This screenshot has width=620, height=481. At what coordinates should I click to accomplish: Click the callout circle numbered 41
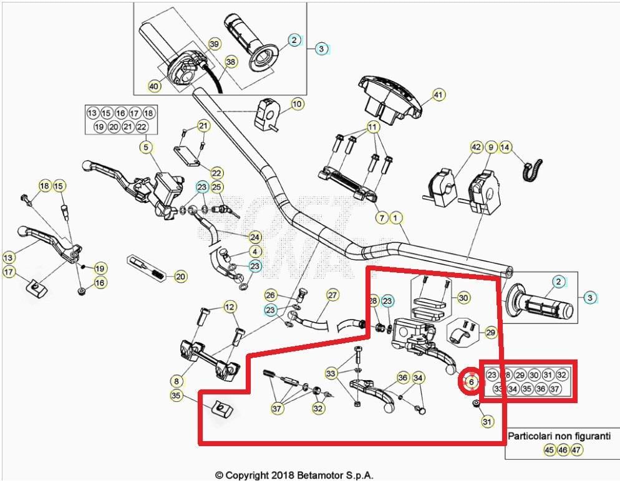point(438,95)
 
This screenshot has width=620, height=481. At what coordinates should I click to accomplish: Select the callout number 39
point(214,44)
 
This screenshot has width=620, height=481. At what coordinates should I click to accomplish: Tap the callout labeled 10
point(297,103)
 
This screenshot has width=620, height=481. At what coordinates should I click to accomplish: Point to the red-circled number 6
point(472,381)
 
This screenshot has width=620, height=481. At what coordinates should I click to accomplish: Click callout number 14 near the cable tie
point(505,148)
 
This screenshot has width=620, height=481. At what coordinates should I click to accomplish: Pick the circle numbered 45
point(549,449)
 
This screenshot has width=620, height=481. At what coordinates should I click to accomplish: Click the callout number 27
point(332,295)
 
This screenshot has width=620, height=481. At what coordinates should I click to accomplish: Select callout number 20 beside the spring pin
point(180,276)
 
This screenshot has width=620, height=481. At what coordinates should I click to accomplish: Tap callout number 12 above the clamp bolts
point(230,307)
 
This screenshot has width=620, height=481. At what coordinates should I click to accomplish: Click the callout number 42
point(477,148)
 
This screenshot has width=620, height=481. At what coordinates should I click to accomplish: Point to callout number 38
point(231,62)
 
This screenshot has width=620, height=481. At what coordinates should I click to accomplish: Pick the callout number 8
point(177,379)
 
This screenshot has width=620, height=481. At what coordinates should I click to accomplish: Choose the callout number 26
point(270,295)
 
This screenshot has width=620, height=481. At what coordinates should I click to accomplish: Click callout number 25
point(216,187)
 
